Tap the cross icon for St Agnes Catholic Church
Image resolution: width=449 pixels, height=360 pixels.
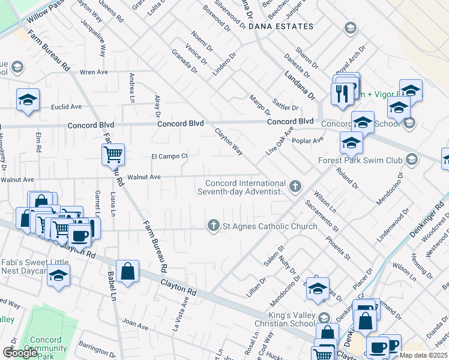coord(212,226)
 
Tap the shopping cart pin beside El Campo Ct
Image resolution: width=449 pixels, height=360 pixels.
coord(113,155)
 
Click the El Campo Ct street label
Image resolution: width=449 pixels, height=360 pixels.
coord(169,157)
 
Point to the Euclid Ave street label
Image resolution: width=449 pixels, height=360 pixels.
coord(67,107)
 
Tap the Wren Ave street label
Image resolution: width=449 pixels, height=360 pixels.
coord(94,72)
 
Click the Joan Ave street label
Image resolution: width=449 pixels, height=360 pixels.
coord(135,321)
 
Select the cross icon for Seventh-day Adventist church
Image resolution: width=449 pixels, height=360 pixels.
coord(295,187)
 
